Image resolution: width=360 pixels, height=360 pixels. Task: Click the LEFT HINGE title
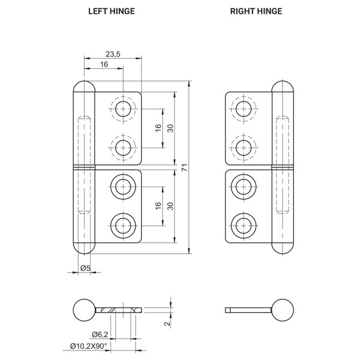[x=112, y=11]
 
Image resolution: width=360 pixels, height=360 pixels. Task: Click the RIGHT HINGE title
[x=256, y=11]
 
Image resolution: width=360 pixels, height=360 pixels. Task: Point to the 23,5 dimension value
[x=113, y=54]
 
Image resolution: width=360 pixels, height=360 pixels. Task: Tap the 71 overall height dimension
[x=185, y=167]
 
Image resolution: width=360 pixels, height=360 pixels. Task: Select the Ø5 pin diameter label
[x=85, y=268]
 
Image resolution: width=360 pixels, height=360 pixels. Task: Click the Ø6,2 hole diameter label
[x=100, y=335]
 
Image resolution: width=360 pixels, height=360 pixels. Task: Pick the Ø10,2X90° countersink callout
[x=88, y=346]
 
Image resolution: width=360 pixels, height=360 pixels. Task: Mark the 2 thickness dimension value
[x=167, y=323]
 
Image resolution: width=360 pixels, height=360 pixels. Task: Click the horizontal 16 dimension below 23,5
[x=104, y=64]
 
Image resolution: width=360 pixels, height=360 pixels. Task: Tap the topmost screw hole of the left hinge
[x=123, y=109]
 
